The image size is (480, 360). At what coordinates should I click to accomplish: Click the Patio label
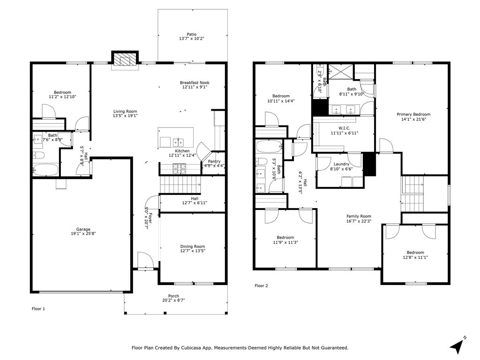192,34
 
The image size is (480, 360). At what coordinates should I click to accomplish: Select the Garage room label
83,229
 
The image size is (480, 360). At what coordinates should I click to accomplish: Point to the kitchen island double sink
178,142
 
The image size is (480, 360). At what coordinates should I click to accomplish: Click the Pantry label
214,162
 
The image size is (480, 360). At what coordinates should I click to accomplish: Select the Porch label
173,296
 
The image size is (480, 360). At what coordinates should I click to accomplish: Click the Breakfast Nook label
195,82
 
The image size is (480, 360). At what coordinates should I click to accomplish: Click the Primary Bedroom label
413,114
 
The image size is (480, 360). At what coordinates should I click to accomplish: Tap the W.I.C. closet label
345,128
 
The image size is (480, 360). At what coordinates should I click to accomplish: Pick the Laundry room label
341,164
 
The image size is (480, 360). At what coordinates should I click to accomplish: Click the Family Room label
359,216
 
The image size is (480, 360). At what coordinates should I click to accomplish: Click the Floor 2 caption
261,286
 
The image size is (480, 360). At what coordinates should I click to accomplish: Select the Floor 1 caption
38,309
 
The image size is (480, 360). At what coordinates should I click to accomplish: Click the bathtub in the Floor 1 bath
45,170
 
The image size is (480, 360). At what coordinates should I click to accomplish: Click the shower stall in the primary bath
340,71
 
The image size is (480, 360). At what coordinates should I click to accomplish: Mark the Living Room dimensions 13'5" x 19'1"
125,116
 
